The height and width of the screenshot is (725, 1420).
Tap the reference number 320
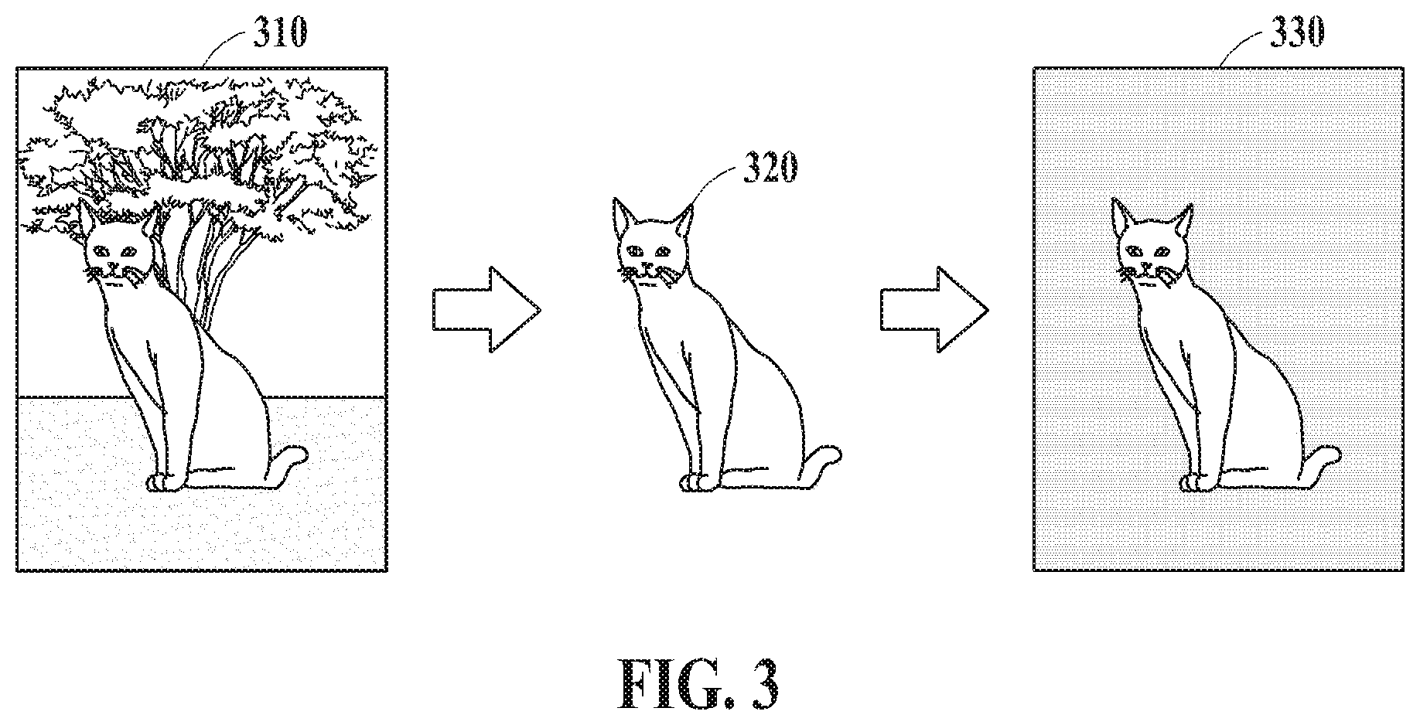[x=769, y=168]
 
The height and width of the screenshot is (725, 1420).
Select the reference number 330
[x=1295, y=33]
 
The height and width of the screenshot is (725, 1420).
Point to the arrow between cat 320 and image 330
[x=934, y=309]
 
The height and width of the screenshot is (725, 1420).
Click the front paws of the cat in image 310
[x=166, y=483]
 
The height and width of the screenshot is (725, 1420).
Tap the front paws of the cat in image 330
[x=1196, y=483]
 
